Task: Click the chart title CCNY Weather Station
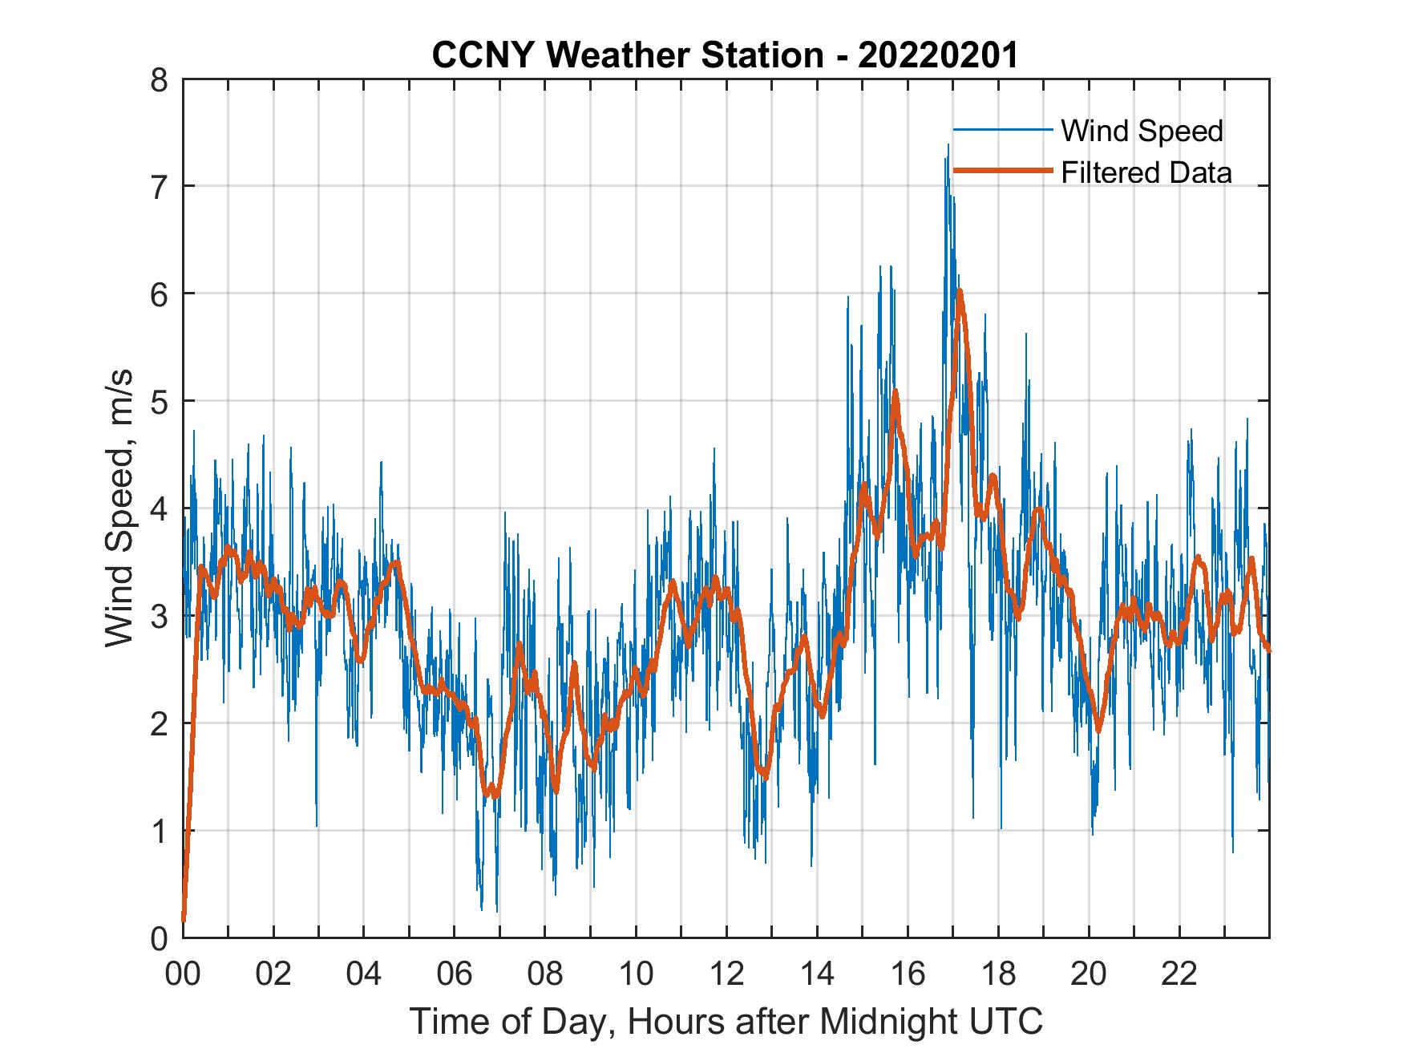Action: [x=627, y=55]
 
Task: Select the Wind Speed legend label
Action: [x=1142, y=131]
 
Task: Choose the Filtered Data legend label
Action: [x=1146, y=172]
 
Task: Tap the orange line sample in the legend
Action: [x=1002, y=171]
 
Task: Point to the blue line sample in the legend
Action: [x=1002, y=129]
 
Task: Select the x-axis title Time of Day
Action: [x=726, y=1021]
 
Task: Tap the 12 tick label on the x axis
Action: [x=726, y=974]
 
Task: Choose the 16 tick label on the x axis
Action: [x=908, y=974]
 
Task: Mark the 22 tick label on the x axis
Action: [x=1179, y=974]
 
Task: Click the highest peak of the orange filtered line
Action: [x=959, y=291]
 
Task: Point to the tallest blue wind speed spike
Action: [x=948, y=145]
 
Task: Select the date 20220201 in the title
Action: [x=938, y=55]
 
